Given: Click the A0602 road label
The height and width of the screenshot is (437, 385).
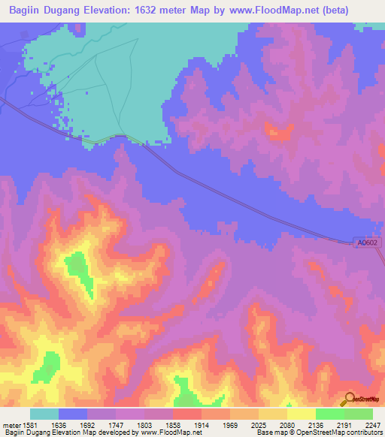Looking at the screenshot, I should tap(368, 242).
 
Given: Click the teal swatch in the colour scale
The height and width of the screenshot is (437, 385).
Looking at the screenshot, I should tap(44, 414).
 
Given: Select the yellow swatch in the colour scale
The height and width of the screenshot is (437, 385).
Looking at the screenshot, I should tap(301, 414).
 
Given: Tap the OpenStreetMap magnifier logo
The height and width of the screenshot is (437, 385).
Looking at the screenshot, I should tap(348, 399).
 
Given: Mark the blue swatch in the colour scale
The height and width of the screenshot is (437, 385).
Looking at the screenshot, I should tap(73, 414).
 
